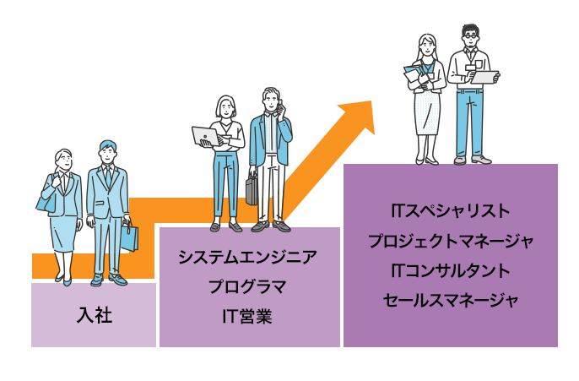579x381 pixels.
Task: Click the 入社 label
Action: click(94, 316)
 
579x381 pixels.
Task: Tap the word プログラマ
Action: click(248, 286)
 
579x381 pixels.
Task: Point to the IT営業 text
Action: click(248, 316)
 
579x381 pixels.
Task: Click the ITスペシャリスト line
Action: click(450, 210)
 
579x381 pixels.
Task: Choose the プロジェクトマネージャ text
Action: click(450, 241)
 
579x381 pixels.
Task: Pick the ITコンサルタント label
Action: click(450, 270)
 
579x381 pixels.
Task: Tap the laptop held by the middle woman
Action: click(206, 136)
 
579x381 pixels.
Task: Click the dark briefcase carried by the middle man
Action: click(252, 190)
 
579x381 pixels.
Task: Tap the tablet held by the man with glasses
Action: click(484, 77)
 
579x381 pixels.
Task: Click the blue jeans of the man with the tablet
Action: click(469, 122)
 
